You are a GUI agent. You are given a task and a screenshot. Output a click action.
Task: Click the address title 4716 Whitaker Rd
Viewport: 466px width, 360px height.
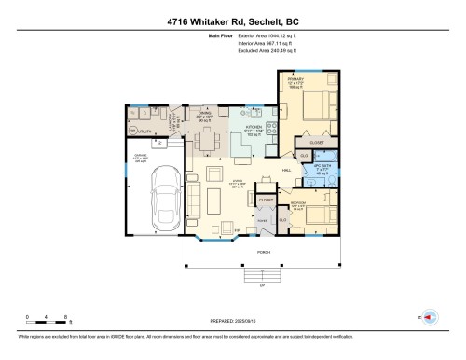[232, 18]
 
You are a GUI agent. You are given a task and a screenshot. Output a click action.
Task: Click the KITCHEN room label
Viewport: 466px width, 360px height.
[252, 126]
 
